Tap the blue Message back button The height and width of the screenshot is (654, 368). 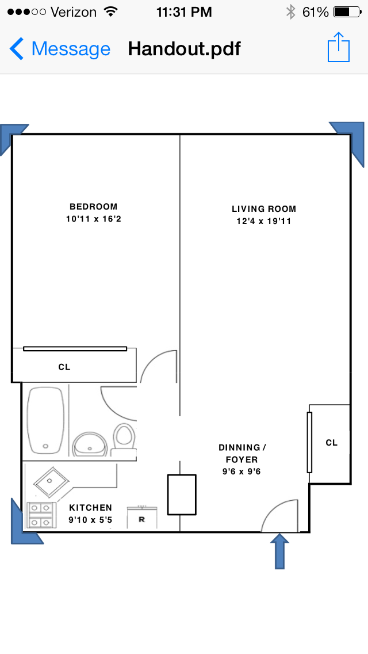60,49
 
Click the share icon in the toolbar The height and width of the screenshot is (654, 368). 339,47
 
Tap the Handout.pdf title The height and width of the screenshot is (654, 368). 184,49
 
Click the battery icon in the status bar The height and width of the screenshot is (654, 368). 347,12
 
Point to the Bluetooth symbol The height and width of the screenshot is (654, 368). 290,12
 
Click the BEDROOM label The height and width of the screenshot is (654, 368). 93,207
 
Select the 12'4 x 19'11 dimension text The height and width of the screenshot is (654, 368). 264,221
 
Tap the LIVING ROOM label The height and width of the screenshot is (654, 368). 264,209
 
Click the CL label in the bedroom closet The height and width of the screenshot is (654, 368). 64,367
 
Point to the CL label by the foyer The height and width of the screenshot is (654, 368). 332,443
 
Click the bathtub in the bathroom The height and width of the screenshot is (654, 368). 46,420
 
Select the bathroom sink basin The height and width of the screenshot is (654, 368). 90,444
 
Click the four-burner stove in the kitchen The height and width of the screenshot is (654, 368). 41,515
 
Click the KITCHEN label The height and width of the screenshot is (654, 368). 90,508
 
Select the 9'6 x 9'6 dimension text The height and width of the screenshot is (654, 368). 241,472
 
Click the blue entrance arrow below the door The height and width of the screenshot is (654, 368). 279,551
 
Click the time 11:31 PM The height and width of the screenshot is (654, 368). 184,12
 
